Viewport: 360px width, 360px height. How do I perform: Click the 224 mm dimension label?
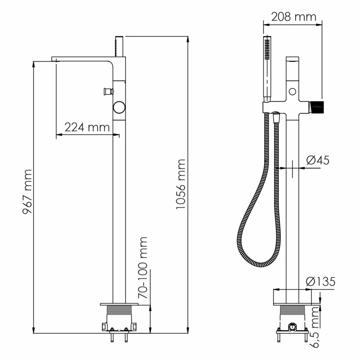[87, 127]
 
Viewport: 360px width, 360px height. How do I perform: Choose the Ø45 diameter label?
[318, 160]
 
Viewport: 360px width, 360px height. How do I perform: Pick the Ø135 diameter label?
[320, 282]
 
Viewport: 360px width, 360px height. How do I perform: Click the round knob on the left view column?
[119, 108]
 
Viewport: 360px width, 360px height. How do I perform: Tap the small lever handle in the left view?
[107, 91]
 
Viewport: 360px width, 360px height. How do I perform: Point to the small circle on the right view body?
[293, 92]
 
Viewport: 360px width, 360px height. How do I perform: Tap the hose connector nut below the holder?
[276, 118]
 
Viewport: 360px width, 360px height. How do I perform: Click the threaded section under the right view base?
[292, 311]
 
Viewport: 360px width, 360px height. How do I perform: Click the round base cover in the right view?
[292, 297]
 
